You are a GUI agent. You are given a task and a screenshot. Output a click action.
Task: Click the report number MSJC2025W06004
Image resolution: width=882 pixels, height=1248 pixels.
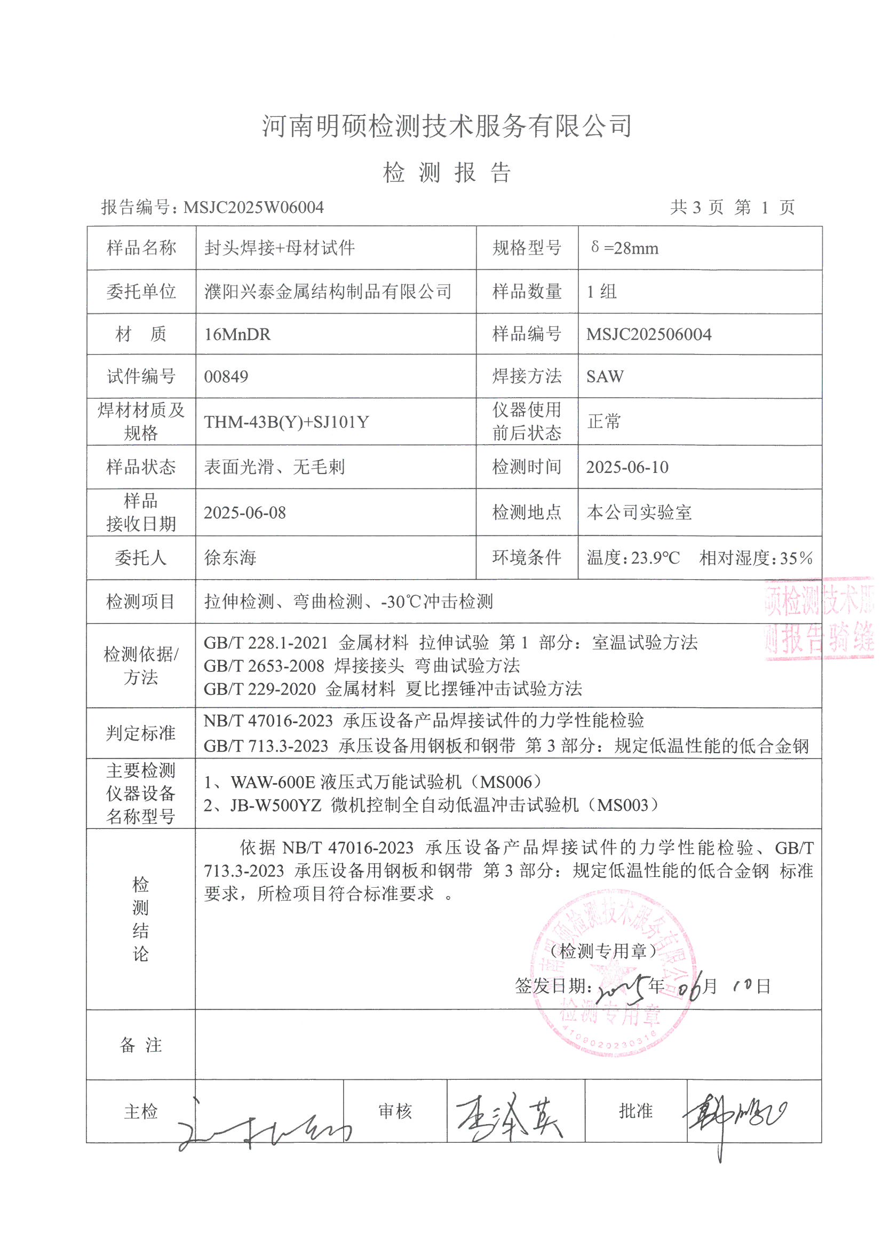(x=253, y=207)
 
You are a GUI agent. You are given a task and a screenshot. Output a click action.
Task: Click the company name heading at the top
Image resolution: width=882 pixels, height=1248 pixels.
(x=447, y=126)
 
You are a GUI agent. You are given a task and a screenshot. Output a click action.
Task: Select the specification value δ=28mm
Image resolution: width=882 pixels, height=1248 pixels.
(x=624, y=248)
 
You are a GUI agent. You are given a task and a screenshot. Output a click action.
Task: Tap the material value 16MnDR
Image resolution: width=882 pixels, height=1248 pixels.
(x=237, y=334)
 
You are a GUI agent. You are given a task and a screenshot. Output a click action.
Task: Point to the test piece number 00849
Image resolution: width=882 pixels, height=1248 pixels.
(x=226, y=376)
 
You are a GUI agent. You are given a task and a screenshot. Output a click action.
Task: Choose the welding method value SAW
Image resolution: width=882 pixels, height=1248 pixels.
(x=605, y=376)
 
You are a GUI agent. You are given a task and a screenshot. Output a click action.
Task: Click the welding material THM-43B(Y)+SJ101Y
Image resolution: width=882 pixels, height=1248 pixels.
(x=287, y=422)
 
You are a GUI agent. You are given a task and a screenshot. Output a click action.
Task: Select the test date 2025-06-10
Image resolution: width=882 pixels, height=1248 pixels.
(x=627, y=467)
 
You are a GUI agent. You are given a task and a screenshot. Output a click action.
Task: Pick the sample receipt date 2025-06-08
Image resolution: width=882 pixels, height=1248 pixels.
(x=244, y=512)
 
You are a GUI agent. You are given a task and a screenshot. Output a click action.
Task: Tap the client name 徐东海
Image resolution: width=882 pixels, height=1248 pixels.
(x=230, y=558)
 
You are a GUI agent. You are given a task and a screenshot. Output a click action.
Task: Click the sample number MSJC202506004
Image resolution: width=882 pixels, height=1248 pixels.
(x=648, y=334)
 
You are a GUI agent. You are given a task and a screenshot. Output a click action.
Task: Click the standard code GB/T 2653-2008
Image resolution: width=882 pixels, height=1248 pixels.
(x=264, y=666)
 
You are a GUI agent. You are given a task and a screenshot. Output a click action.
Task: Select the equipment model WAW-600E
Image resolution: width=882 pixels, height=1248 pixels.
(x=273, y=782)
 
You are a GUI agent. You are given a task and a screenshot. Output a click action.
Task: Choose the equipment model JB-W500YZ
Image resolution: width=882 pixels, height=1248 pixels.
(x=276, y=805)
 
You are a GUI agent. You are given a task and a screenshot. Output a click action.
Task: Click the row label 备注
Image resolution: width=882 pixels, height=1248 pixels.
(x=141, y=1045)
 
